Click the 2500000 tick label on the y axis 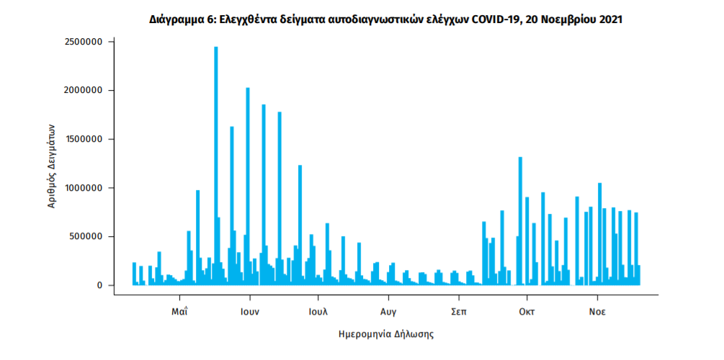tap(82, 42)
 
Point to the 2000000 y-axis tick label tap(82, 91)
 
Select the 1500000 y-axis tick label tap(82, 140)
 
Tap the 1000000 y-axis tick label tap(82, 188)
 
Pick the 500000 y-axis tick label tap(85, 237)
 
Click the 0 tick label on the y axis tap(101, 286)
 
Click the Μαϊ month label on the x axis tap(180, 312)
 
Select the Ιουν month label tap(250, 312)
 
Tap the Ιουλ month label tap(318, 312)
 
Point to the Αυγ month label tap(388, 312)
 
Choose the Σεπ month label tap(457, 312)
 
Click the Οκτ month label tap(527, 312)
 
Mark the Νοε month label tap(596, 312)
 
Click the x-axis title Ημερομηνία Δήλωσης tap(385, 335)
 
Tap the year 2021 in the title tap(610, 19)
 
